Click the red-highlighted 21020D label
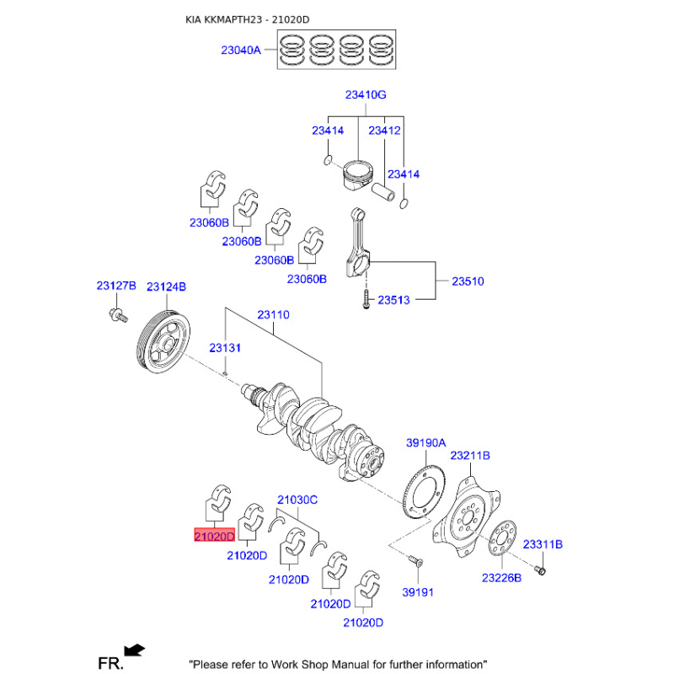(215, 536)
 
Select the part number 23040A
(241, 51)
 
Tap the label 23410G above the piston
(366, 94)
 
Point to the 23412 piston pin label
(384, 131)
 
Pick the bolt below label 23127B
(118, 315)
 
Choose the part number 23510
(468, 281)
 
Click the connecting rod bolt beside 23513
(366, 299)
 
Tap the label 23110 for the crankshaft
(273, 314)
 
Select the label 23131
(225, 348)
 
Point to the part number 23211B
(470, 456)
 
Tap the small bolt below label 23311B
(540, 570)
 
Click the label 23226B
(501, 578)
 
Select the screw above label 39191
(415, 560)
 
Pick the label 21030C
(297, 500)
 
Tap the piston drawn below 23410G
(357, 175)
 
